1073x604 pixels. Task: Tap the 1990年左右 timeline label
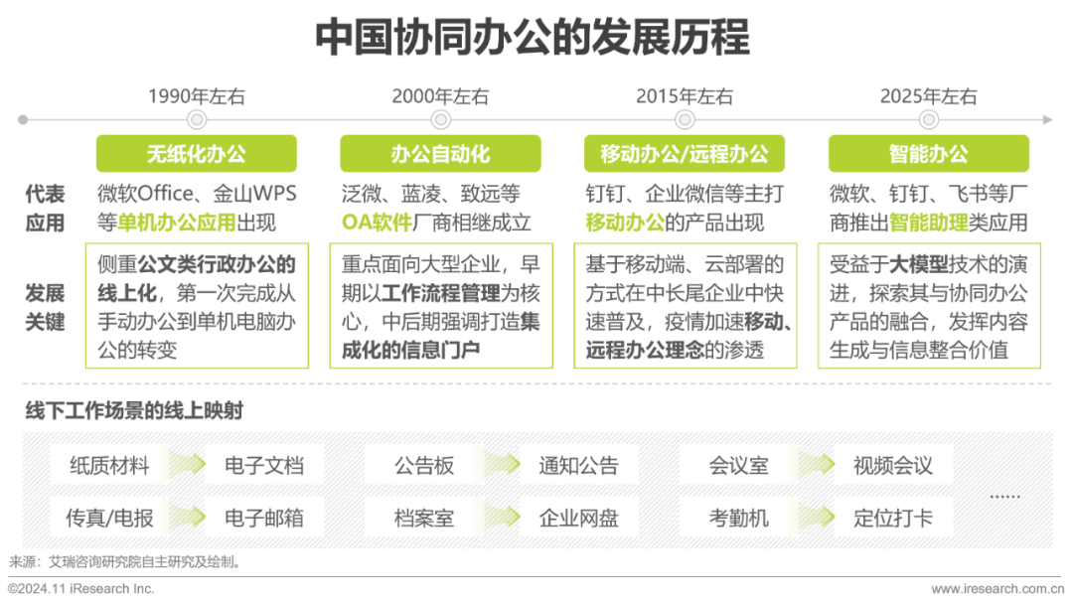[x=197, y=96]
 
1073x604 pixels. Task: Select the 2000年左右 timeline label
[x=440, y=96]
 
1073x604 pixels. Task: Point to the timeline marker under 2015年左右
[x=685, y=119]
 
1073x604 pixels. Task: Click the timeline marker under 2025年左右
[x=929, y=119]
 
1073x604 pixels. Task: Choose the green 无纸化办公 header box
[x=197, y=154]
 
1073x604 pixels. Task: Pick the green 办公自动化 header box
[x=440, y=154]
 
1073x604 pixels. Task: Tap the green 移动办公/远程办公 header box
[x=685, y=154]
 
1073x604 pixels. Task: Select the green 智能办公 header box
[x=929, y=154]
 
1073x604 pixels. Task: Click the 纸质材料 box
[x=109, y=465]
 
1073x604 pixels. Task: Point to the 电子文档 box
[x=264, y=465]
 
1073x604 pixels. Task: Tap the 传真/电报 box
[x=109, y=518]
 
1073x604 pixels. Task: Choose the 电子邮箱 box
[x=264, y=518]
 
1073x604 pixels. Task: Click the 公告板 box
[x=424, y=465]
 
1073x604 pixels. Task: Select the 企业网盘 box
[x=578, y=518]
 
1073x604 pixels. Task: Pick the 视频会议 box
[x=892, y=465]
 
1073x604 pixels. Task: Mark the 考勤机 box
[x=738, y=518]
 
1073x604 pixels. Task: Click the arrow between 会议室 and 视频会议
[x=816, y=465]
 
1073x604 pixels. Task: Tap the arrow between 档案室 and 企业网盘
[x=502, y=518]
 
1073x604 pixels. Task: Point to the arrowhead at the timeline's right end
[x=1047, y=119]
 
